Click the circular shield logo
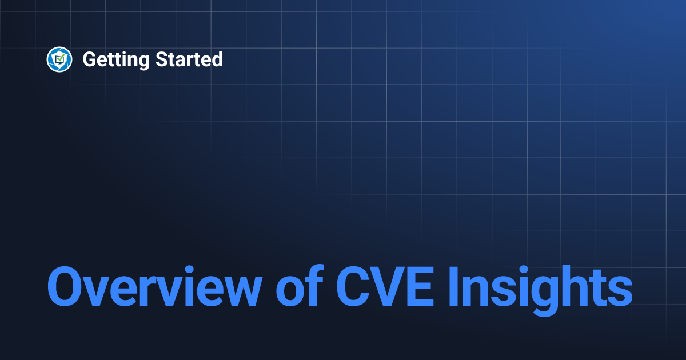point(59,59)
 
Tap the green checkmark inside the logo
point(60,58)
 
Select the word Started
point(189,59)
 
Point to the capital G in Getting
point(89,59)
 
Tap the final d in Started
point(217,59)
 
